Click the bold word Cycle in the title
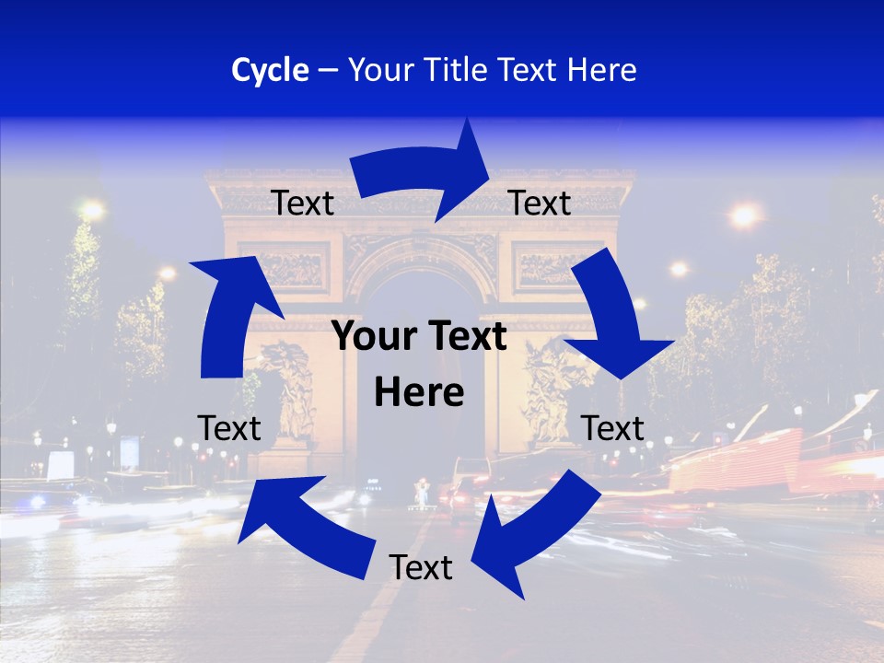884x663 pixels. coord(270,70)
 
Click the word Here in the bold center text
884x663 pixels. coord(419,393)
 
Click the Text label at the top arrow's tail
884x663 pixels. coord(302,204)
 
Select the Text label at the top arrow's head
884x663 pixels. coord(540,204)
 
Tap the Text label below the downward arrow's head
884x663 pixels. coord(613,428)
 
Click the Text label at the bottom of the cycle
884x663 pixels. coord(421,568)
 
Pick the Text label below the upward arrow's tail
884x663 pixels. coord(229,428)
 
